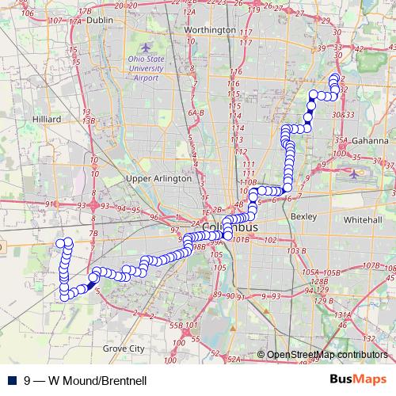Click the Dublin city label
click(x=100, y=20)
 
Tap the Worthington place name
click(x=209, y=30)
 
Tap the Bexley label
click(x=304, y=215)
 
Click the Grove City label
click(x=125, y=348)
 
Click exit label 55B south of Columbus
click(x=176, y=325)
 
